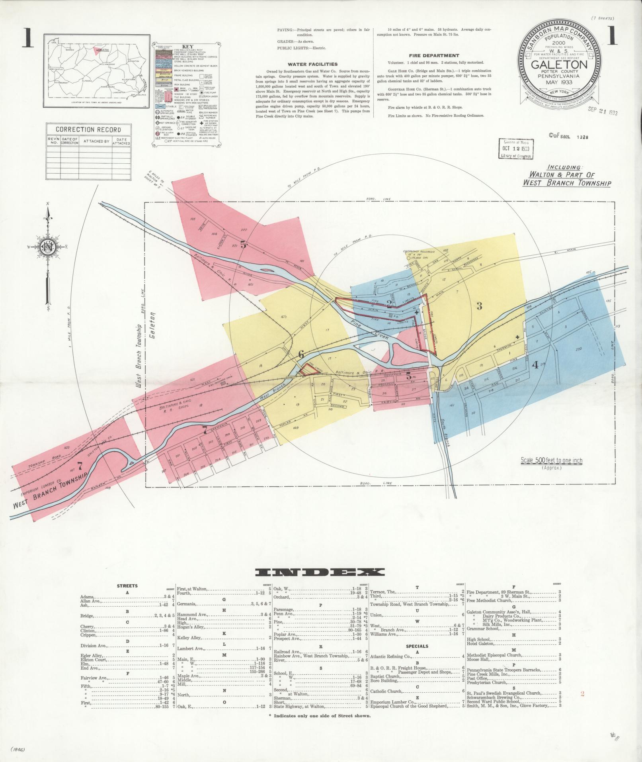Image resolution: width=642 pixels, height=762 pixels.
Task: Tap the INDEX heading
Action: tap(320, 572)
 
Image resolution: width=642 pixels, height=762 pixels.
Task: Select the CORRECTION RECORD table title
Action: tap(88, 129)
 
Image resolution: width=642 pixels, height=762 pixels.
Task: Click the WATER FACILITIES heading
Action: tap(312, 64)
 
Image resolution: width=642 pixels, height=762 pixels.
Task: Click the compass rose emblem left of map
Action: tap(49, 247)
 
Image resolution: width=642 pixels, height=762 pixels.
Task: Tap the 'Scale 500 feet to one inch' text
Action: tap(552, 460)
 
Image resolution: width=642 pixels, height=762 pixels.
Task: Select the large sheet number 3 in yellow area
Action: tap(480, 306)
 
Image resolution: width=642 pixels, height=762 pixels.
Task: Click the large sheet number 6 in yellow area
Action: tap(301, 354)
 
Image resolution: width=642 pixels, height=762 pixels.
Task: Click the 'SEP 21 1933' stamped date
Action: tap(603, 112)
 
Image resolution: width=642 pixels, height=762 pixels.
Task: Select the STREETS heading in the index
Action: tap(127, 586)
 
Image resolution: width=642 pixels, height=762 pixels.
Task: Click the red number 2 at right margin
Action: tap(582, 693)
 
